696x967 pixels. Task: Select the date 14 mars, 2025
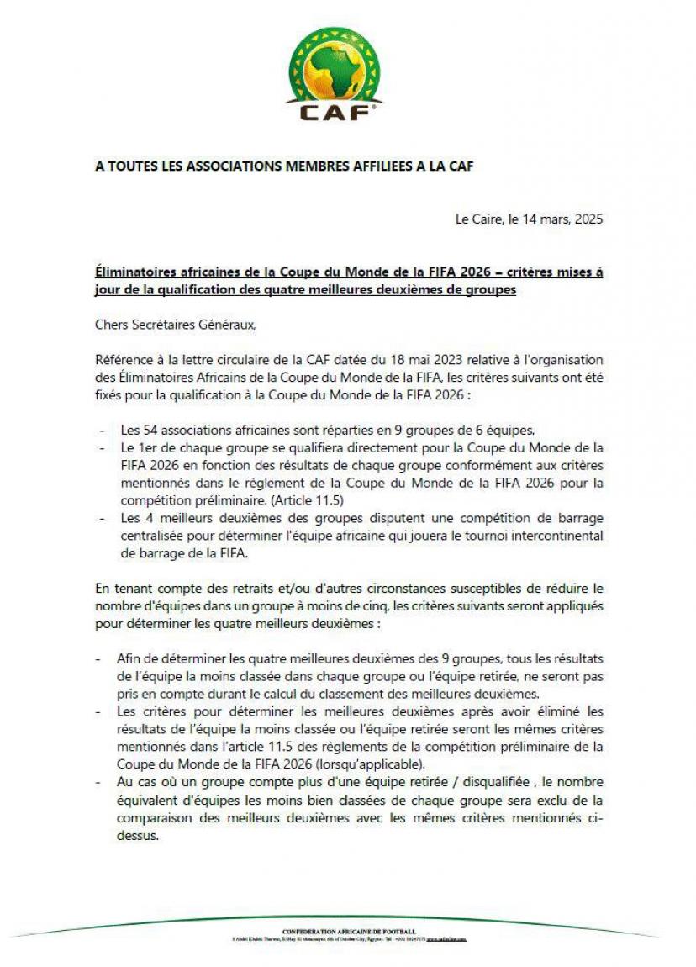564,219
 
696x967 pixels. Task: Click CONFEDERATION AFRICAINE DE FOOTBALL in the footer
348,932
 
